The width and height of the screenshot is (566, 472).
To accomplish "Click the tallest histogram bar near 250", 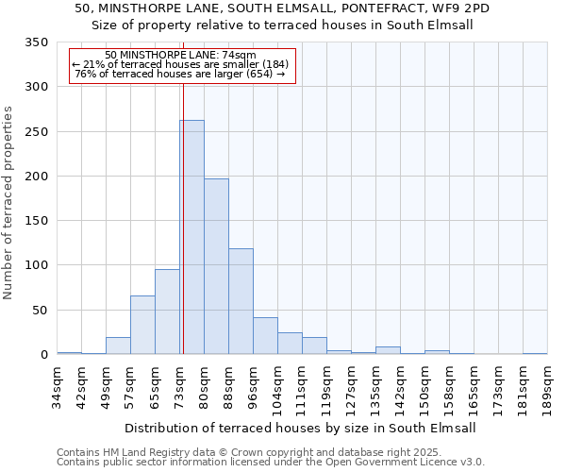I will click(191, 237).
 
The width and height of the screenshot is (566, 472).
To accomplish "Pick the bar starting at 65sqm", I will click(167, 312).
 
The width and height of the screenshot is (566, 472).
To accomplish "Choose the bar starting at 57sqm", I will click(142, 325).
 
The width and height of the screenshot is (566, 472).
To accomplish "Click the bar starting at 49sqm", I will click(118, 346).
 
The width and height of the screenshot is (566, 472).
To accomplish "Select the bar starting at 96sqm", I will click(265, 336).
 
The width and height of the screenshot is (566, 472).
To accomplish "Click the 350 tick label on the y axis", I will click(37, 43).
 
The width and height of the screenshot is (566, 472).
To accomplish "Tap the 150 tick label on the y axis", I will click(37, 221).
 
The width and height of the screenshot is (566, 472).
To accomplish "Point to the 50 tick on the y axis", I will click(41, 311).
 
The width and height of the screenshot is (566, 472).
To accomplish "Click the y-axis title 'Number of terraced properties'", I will click(9, 203).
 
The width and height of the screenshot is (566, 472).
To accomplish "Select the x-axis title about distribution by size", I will click(300, 428).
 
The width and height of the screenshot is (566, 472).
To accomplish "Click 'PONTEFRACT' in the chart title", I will click(351, 8).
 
